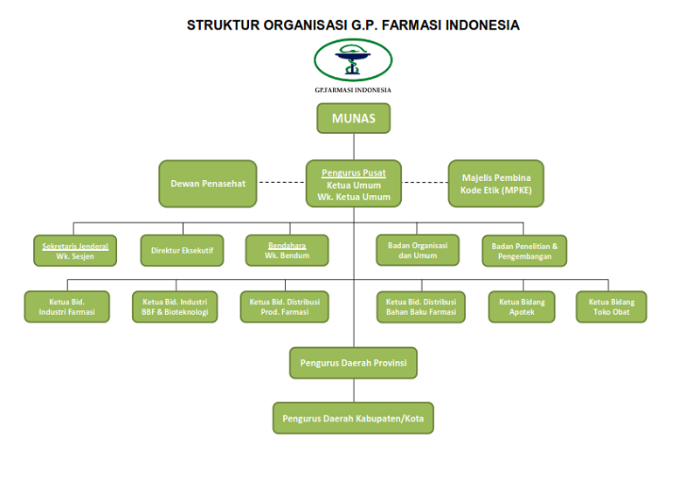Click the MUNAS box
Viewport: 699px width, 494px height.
[x=354, y=118]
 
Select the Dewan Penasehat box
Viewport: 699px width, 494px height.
[x=208, y=184]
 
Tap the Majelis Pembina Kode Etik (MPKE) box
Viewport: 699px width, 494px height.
[x=496, y=184]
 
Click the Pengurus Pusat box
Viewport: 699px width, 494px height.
[x=354, y=184]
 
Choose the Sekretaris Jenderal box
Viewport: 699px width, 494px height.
[x=75, y=251]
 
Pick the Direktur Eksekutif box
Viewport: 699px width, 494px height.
[x=183, y=251]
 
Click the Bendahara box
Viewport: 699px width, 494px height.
[x=287, y=251]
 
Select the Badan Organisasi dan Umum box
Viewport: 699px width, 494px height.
[x=418, y=250]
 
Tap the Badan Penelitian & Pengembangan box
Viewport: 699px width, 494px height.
[x=525, y=251]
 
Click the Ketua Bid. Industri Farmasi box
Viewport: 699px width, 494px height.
[x=67, y=307]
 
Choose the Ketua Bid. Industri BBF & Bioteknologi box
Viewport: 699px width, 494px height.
[x=175, y=307]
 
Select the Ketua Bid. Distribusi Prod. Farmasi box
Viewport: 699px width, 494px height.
[x=285, y=307]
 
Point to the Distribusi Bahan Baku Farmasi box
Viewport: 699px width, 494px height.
[x=421, y=308]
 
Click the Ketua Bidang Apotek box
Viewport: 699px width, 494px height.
[x=522, y=308]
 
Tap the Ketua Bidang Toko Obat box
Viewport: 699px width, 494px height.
[x=611, y=308]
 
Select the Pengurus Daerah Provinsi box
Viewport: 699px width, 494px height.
[x=354, y=363]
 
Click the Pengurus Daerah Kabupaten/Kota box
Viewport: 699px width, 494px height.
[x=353, y=419]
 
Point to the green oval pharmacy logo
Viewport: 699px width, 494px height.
[x=353, y=60]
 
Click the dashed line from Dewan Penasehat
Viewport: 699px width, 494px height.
[x=281, y=182]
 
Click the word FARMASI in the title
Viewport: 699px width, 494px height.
[x=412, y=25]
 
